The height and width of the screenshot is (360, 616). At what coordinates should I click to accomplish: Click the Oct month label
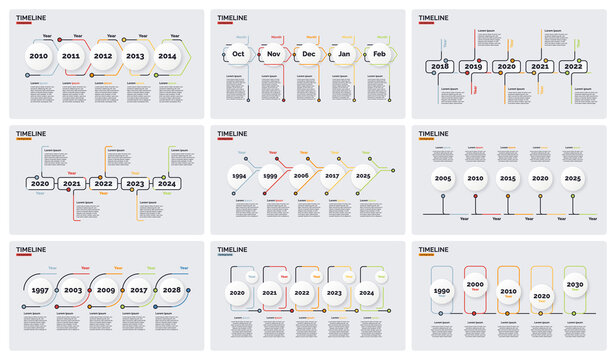click(x=239, y=55)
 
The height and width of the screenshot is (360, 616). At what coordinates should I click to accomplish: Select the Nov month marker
click(x=274, y=55)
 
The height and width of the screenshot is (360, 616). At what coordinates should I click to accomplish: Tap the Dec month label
click(x=309, y=55)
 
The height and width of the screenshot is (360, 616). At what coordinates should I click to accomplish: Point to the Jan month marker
click(x=344, y=55)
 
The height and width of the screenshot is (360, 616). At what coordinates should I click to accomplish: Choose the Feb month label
click(x=379, y=55)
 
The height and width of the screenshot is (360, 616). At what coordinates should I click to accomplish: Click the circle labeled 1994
click(x=240, y=175)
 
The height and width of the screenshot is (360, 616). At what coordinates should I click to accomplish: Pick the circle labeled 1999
click(x=271, y=175)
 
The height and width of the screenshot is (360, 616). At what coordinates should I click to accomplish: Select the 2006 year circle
click(x=302, y=175)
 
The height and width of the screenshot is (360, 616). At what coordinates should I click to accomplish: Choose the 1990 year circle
click(x=441, y=292)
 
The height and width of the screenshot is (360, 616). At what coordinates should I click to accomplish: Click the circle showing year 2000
click(x=475, y=285)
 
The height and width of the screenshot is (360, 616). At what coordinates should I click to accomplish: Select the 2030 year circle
click(x=574, y=285)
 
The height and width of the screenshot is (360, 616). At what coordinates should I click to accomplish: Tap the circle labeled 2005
click(x=443, y=178)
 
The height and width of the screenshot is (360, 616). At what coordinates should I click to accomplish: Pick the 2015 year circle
click(x=508, y=178)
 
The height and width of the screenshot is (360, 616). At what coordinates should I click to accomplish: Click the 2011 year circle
click(x=71, y=57)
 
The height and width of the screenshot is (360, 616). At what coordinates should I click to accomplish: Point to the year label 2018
click(x=438, y=66)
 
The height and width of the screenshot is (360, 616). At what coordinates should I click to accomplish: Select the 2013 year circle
click(x=135, y=57)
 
